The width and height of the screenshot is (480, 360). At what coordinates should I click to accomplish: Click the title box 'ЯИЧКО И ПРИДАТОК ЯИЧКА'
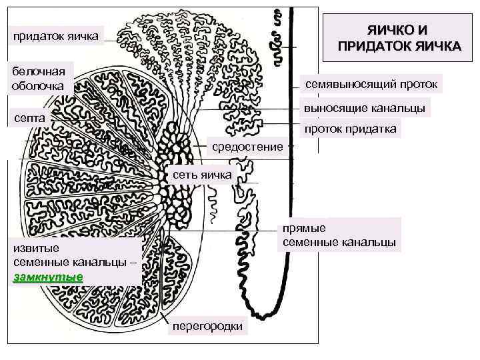(x=399, y=39)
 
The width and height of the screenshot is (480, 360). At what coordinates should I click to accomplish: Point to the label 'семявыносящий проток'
(x=371, y=85)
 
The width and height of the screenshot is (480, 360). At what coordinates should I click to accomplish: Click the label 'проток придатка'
(x=351, y=129)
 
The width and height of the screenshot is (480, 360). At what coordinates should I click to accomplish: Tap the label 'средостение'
(x=247, y=146)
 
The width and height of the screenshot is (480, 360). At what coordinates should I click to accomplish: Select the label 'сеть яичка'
(x=202, y=175)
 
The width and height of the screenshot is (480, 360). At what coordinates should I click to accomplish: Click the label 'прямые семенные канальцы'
(x=339, y=234)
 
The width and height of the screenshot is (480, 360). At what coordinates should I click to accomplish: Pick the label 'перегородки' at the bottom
(x=207, y=327)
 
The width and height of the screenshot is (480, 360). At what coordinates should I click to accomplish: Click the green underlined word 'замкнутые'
(x=48, y=276)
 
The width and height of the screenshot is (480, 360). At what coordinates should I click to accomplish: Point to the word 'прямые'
(x=303, y=227)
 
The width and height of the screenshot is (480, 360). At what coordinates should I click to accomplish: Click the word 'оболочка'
(x=38, y=85)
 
